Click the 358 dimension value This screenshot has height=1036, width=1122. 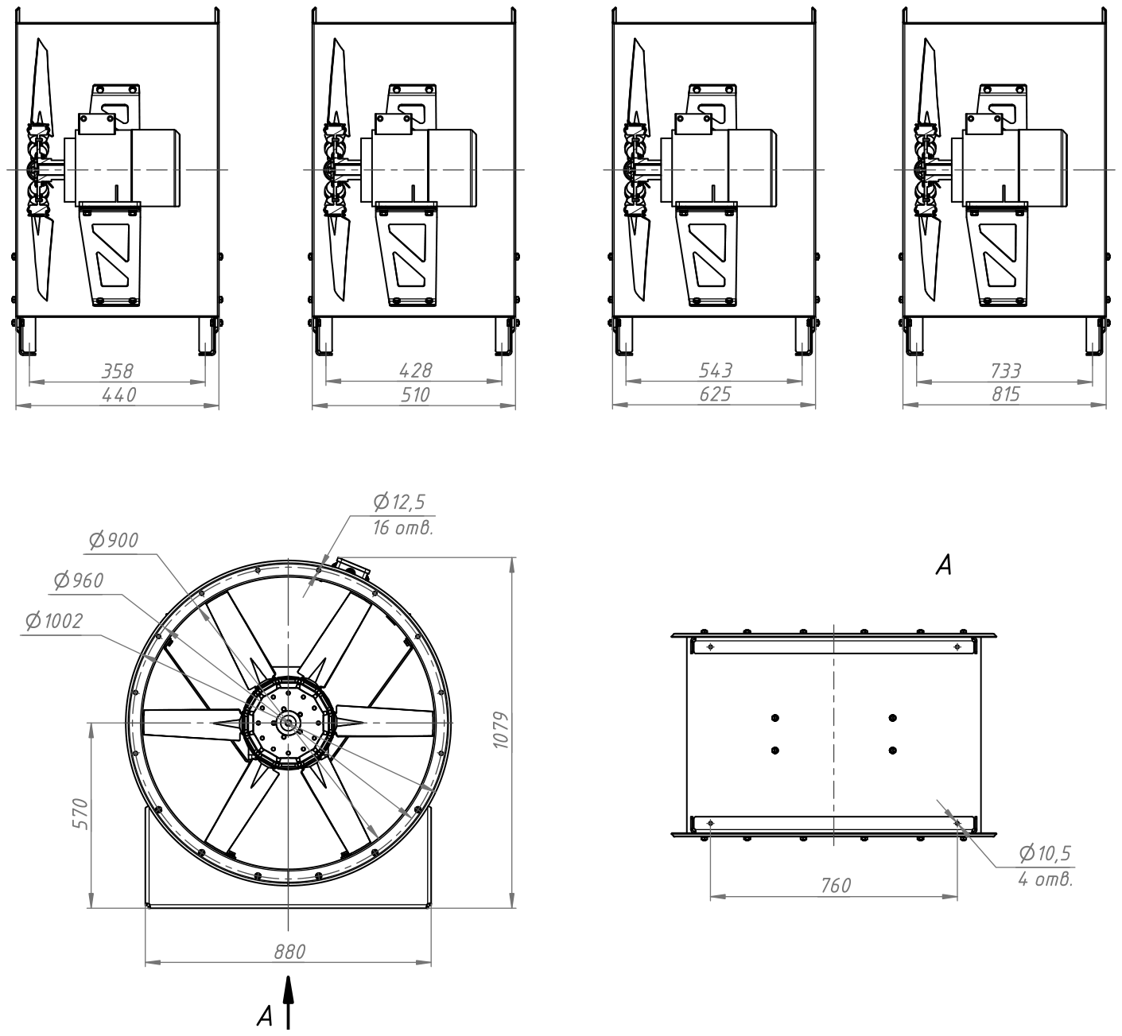tap(118, 371)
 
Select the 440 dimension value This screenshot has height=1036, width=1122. tap(118, 394)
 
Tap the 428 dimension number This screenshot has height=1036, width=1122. tap(415, 370)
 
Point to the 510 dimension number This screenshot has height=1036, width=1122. tap(415, 394)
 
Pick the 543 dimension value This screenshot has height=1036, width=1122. tap(715, 370)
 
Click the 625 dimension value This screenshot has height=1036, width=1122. tap(715, 394)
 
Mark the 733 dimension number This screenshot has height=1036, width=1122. tap(1006, 371)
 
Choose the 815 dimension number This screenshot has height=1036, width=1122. tap(1006, 394)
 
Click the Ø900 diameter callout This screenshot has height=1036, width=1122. tap(114, 541)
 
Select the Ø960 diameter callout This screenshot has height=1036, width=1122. tap(79, 580)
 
